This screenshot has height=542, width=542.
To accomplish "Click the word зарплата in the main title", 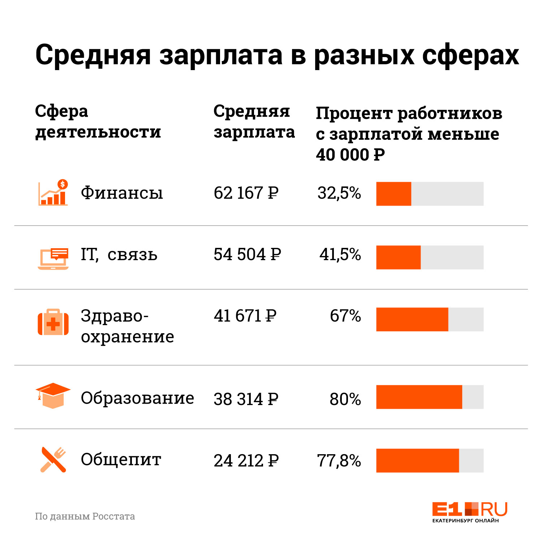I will (220, 55).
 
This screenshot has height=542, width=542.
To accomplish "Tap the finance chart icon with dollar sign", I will (53, 193).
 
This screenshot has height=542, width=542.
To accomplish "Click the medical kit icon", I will (53, 322).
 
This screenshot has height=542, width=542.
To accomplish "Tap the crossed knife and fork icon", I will (53, 460).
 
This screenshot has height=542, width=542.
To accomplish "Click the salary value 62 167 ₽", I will (246, 193).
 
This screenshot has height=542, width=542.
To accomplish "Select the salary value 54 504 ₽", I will (247, 254).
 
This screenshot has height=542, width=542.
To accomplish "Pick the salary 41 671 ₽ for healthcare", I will (245, 316).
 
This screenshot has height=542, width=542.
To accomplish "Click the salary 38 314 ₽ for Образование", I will (246, 399).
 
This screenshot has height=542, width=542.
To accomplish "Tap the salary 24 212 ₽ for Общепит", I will (246, 461).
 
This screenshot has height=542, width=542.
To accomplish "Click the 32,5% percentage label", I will (339, 193).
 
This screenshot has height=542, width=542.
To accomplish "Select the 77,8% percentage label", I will (339, 461).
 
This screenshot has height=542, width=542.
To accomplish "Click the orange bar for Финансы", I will (393, 194).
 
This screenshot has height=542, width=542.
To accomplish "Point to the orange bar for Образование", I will (419, 397).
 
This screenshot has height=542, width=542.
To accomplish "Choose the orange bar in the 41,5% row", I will (398, 257).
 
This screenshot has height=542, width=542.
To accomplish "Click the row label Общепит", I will (121, 460).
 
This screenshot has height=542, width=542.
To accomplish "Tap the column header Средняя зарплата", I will (254, 121).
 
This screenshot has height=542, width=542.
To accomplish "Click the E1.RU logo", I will (469, 512).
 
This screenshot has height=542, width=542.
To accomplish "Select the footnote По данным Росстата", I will (85, 516).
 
